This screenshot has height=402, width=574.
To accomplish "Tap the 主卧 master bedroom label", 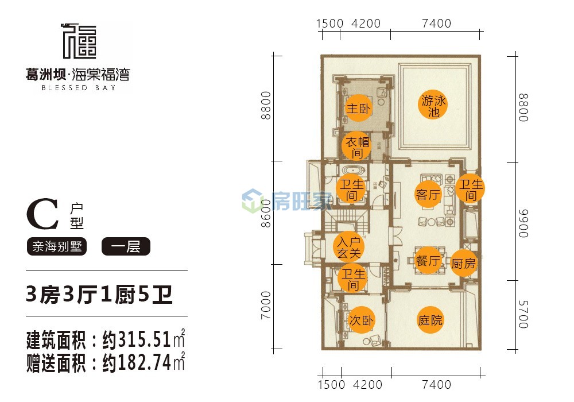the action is click(358, 109).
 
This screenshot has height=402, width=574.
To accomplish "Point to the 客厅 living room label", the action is click(428, 194).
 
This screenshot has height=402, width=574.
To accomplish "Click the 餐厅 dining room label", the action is click(428, 261).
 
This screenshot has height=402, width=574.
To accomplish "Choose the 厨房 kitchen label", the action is click(463, 263).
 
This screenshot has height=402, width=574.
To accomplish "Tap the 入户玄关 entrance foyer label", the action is click(348, 247).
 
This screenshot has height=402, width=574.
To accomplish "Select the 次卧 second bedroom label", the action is click(361, 320).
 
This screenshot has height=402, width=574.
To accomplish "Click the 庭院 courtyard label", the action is click(430, 320).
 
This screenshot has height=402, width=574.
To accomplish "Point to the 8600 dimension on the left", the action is click(266, 214).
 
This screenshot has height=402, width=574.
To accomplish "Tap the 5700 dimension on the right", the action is click(523, 315).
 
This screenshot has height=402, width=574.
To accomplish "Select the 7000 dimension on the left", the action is click(266, 305).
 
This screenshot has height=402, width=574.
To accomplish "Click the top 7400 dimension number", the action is click(436, 24).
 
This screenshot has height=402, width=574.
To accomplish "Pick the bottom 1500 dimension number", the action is click(331, 385).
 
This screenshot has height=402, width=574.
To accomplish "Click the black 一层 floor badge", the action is click(126, 246).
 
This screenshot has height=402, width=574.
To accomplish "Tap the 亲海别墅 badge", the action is click(57, 246).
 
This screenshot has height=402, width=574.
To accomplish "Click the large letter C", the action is click(43, 214).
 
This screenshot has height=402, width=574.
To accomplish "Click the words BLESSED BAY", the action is click(79, 88).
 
